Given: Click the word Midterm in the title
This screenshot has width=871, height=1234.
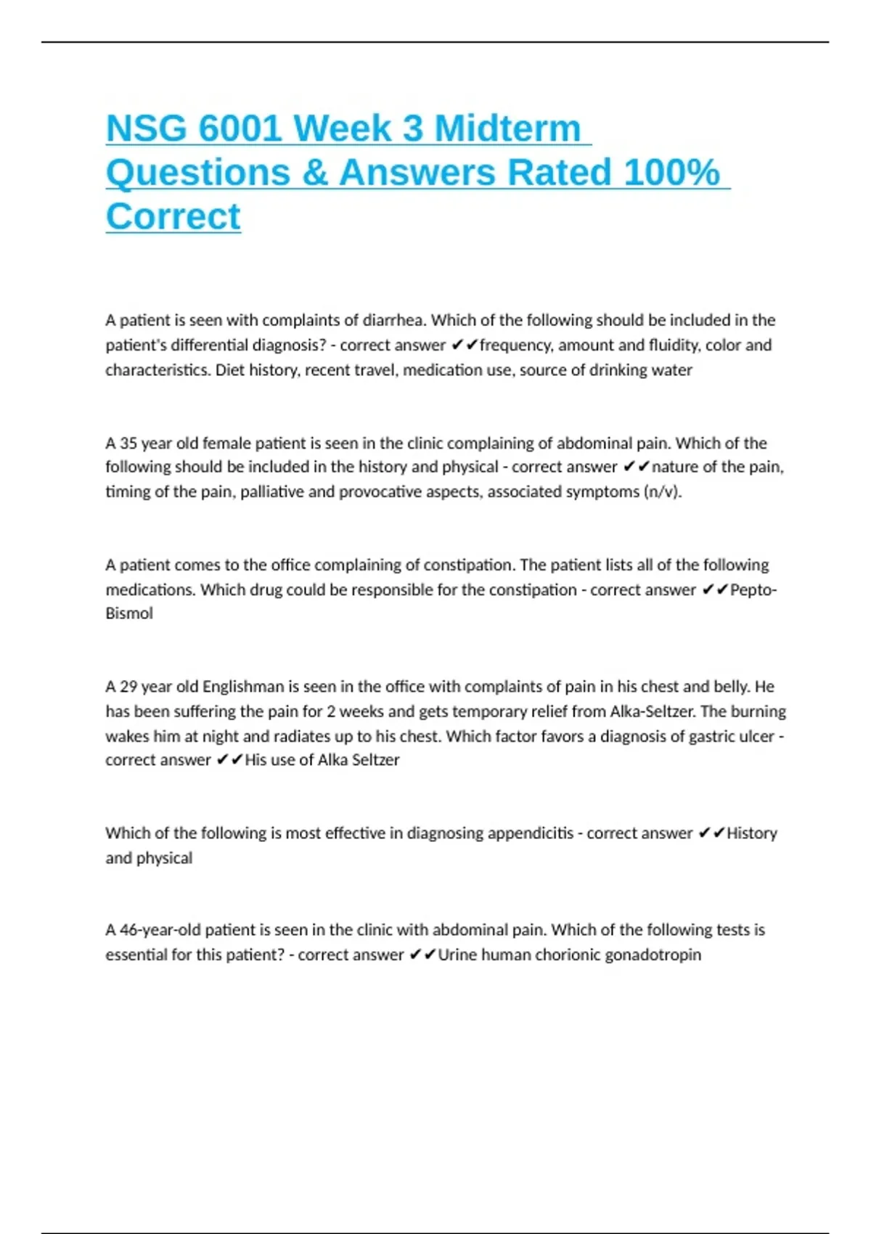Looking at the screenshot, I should (507, 128).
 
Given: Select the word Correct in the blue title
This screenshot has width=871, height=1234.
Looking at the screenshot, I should (173, 216).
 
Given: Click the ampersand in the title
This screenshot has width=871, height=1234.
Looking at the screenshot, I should (314, 173).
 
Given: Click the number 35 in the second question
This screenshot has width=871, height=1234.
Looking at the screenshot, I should (128, 443).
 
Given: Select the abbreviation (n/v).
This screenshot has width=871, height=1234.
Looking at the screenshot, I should (663, 491).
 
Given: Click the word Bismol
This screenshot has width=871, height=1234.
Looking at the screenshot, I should (129, 613).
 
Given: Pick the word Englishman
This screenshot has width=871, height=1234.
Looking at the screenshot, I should (243, 687).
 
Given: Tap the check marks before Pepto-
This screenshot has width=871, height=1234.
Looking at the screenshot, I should (715, 589).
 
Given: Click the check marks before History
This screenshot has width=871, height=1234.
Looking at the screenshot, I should (711, 833).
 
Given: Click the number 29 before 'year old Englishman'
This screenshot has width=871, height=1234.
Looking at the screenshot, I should (128, 687).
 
